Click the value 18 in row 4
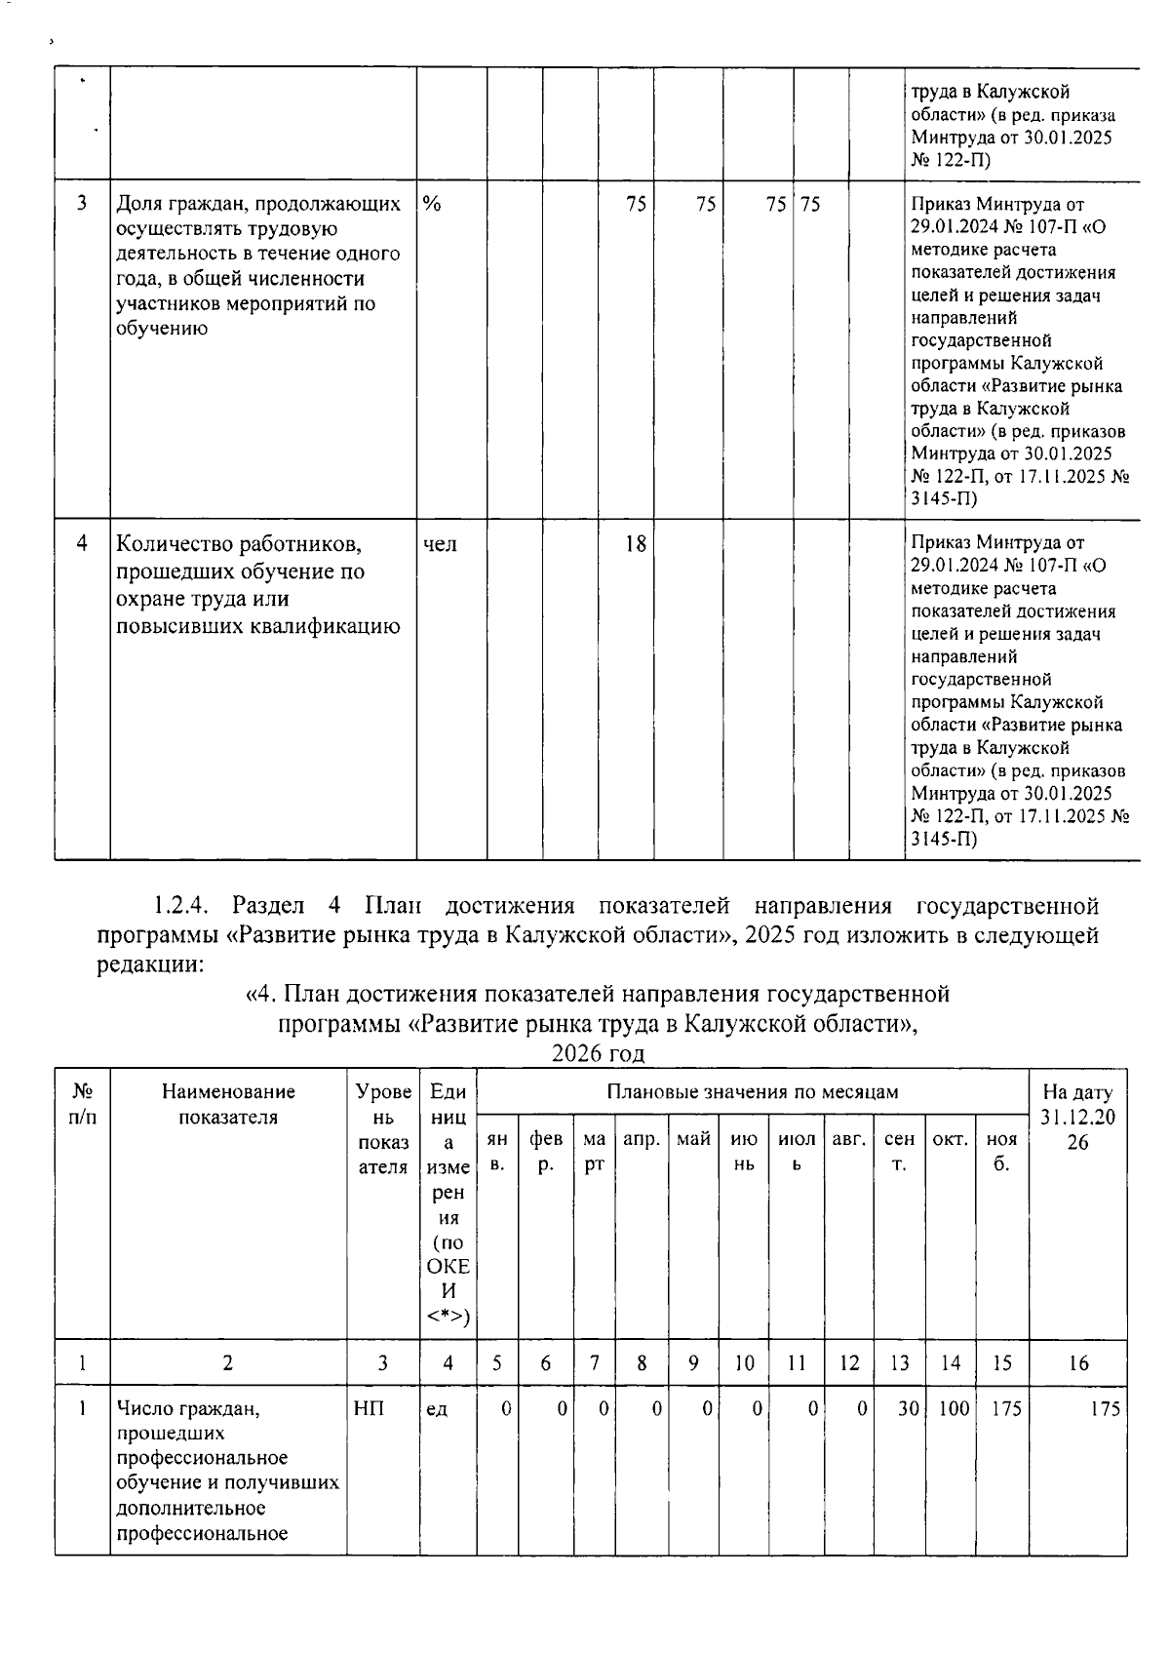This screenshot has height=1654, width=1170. (x=635, y=544)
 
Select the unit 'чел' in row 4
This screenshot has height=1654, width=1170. (x=441, y=544)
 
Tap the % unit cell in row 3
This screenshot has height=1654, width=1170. (x=432, y=205)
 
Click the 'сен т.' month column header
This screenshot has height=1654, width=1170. (x=899, y=1151)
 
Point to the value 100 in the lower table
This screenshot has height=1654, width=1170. (x=953, y=1408)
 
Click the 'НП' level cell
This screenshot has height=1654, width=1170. (x=370, y=1408)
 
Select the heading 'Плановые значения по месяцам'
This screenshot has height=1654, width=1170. (x=753, y=1091)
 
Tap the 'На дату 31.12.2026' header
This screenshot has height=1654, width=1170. (x=1077, y=1117)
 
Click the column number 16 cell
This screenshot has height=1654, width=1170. (x=1077, y=1363)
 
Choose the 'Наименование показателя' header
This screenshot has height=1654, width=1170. (x=228, y=1104)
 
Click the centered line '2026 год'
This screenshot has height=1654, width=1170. (x=598, y=1053)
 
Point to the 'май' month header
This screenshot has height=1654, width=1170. (x=693, y=1138)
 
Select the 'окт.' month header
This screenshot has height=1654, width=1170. (x=950, y=1138)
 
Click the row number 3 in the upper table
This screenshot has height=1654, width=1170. (x=83, y=204)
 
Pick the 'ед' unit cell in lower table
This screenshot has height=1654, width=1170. (x=437, y=1408)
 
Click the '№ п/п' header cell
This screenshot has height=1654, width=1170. (x=83, y=1104)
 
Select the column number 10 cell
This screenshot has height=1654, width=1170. (x=744, y=1363)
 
